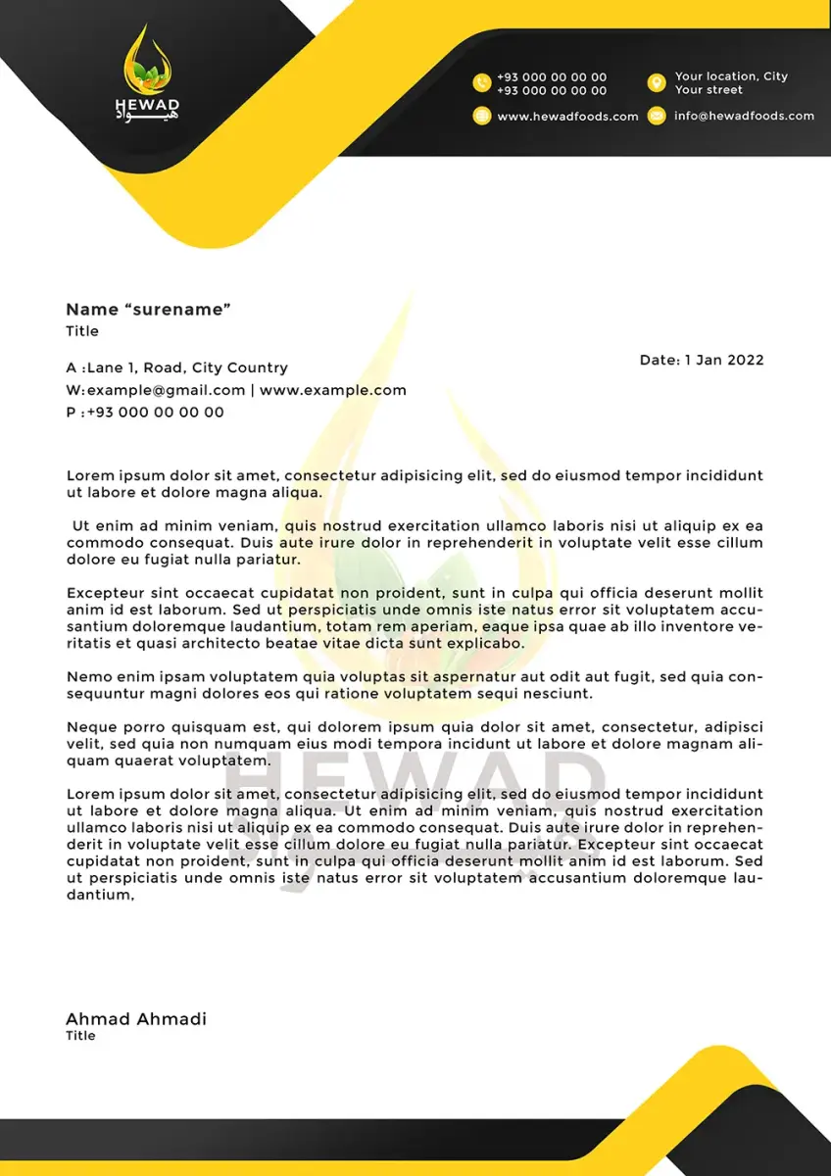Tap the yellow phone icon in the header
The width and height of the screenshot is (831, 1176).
tap(481, 83)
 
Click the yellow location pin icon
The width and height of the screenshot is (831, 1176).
tap(657, 83)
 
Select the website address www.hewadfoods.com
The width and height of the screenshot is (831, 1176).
tap(567, 116)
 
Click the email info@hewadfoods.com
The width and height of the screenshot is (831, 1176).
tap(744, 116)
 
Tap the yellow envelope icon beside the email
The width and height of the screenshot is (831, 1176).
tap(657, 116)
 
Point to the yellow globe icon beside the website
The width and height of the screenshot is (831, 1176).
tap(481, 116)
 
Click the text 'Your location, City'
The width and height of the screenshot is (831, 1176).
tap(731, 76)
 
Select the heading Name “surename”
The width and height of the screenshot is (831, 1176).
tap(148, 310)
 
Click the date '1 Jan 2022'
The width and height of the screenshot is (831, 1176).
tap(724, 360)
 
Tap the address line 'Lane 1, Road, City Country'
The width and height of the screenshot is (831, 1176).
tap(187, 367)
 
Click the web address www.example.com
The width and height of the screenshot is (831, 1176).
tap(332, 390)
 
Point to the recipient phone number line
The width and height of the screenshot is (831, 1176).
tap(145, 413)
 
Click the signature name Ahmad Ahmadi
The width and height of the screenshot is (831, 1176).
tap(136, 1019)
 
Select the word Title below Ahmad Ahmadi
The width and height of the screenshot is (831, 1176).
tap(80, 1036)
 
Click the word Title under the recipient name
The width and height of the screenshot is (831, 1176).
tap(82, 331)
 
